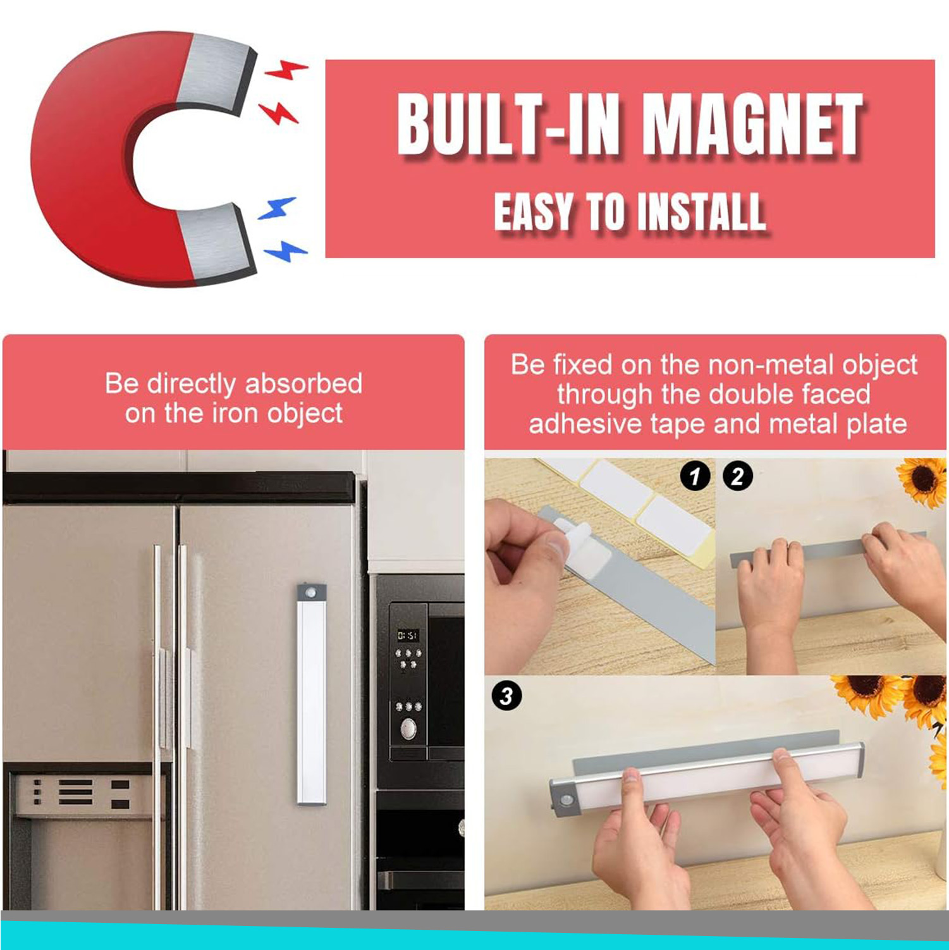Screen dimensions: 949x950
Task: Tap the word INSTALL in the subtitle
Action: (702, 213)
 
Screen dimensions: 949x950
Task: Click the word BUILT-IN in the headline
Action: (508, 124)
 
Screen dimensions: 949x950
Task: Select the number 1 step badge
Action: (695, 476)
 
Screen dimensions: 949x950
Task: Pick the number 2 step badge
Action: (737, 476)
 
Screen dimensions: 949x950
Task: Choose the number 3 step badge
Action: (506, 696)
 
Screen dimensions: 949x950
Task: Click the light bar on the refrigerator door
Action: (312, 694)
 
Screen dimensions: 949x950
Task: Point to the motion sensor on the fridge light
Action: (312, 593)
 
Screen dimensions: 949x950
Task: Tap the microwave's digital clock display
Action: (407, 634)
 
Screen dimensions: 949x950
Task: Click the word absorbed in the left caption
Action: (303, 383)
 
